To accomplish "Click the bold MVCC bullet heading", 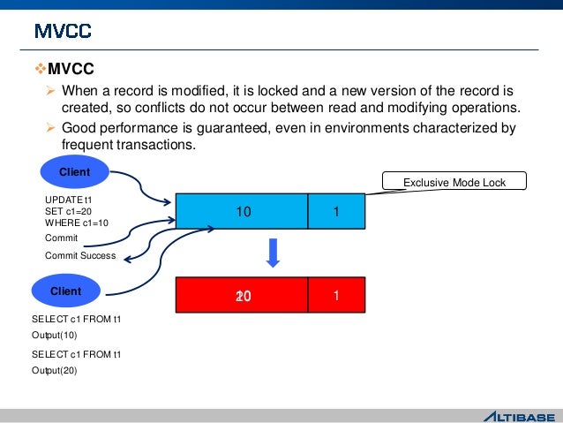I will pyautogui.click(x=70, y=69).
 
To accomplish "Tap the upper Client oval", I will pyautogui.click(x=75, y=172).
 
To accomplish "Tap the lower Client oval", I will pyautogui.click(x=66, y=291).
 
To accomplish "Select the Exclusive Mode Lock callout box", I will pyautogui.click(x=454, y=182).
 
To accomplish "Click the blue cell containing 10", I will pyautogui.click(x=242, y=212).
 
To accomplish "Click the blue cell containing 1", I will pyautogui.click(x=336, y=212).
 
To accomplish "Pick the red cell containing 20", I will pyautogui.click(x=242, y=296).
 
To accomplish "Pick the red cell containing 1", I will pyautogui.click(x=336, y=296).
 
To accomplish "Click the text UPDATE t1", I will pyautogui.click(x=68, y=201).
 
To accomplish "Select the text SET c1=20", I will pyautogui.click(x=68, y=212).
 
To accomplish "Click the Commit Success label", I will pyautogui.click(x=79, y=255).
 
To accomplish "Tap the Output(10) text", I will pyautogui.click(x=55, y=336).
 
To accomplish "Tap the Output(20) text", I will pyautogui.click(x=55, y=371).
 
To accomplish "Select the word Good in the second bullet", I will pyautogui.click(x=79, y=129).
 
